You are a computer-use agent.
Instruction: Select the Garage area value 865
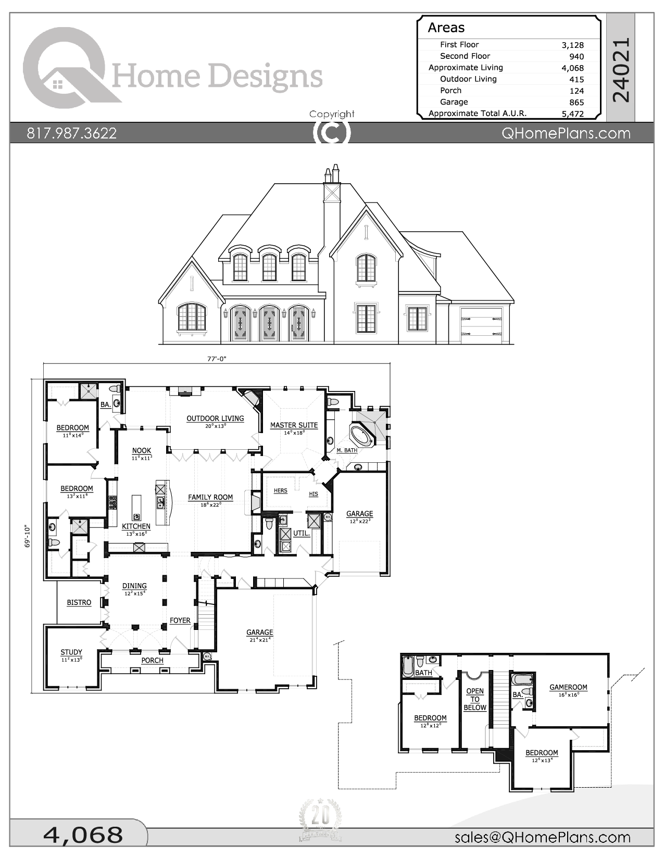(577, 103)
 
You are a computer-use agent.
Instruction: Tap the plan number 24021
(621, 70)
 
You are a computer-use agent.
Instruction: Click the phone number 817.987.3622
(72, 133)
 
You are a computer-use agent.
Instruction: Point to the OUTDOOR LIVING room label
(215, 419)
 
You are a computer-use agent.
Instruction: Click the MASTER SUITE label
(294, 425)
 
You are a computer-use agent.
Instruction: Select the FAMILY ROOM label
(210, 497)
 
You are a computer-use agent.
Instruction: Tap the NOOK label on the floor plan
(141, 451)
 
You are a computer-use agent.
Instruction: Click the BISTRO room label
(79, 602)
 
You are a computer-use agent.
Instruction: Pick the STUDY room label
(71, 652)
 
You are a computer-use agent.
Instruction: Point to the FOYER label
(180, 621)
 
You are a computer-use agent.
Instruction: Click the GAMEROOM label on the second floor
(568, 687)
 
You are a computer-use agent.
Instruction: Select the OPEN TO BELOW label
(475, 699)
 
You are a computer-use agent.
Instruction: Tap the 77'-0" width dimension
(217, 359)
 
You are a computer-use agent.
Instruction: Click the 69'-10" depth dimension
(28, 537)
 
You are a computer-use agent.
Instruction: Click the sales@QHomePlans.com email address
(542, 837)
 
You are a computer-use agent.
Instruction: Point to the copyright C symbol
(332, 133)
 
